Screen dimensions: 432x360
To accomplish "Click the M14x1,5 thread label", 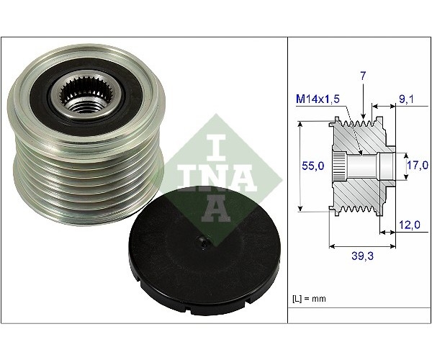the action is coord(318,99).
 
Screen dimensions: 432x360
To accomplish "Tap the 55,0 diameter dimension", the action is coord(313,166).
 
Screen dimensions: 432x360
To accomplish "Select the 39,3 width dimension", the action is coord(362,256).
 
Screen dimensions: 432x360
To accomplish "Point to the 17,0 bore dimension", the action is coord(418,165).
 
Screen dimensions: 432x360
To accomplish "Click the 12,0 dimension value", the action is coord(410,225).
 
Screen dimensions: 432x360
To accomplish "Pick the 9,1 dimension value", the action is coord(406,99).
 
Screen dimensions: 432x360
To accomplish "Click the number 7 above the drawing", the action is coord(363,76).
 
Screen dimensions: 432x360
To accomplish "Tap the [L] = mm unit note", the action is coord(309,299).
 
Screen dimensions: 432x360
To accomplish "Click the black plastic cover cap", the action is coord(204,251).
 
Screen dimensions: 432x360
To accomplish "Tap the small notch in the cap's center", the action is coord(204,242).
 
